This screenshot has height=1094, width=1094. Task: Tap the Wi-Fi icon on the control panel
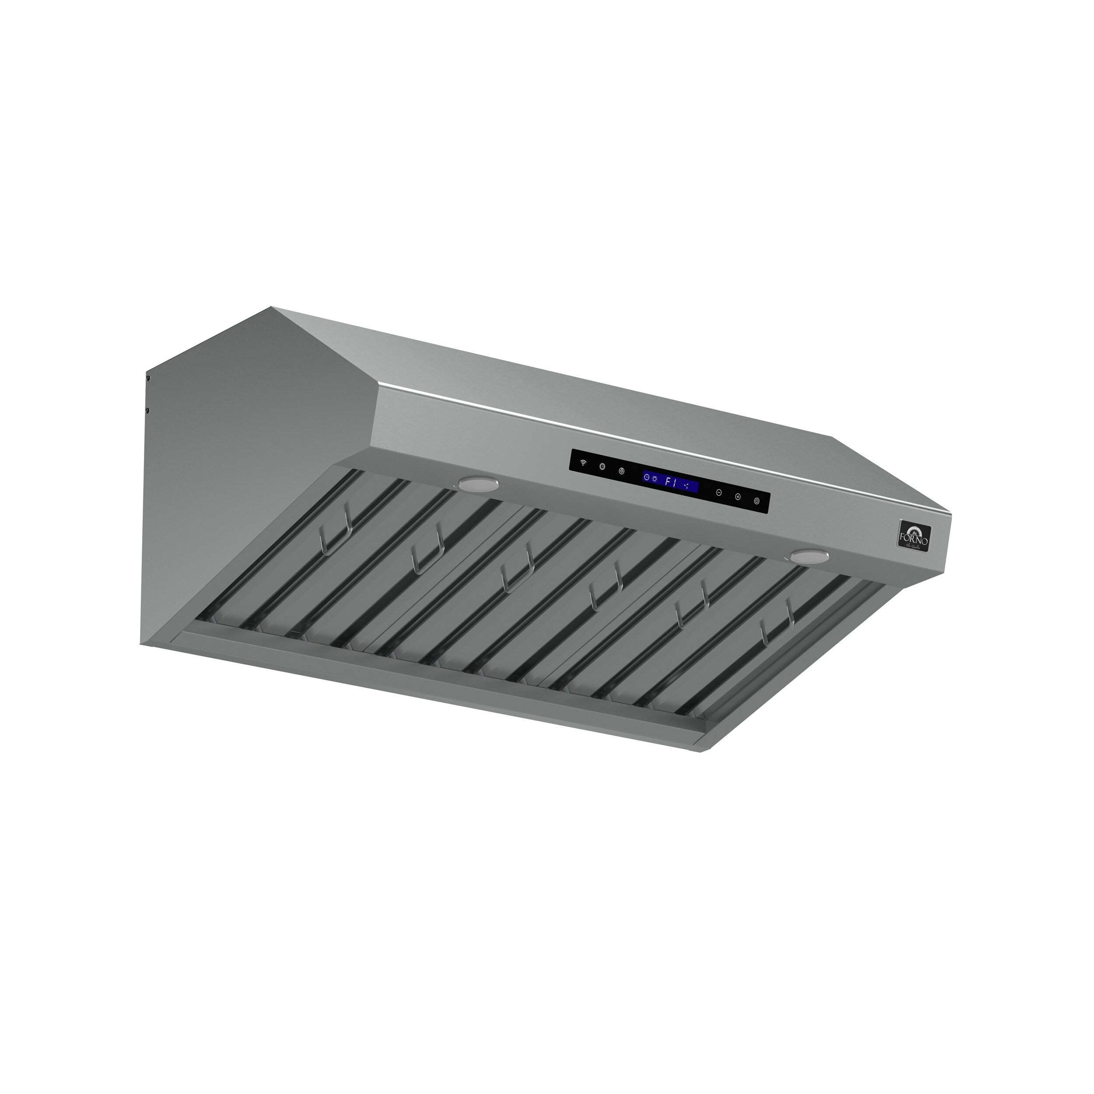583,463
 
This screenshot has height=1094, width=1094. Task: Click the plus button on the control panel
738,497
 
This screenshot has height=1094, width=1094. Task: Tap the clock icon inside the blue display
647,477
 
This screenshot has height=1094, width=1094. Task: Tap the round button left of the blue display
622,471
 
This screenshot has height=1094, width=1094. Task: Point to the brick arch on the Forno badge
915,526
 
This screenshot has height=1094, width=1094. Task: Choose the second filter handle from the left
426,556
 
